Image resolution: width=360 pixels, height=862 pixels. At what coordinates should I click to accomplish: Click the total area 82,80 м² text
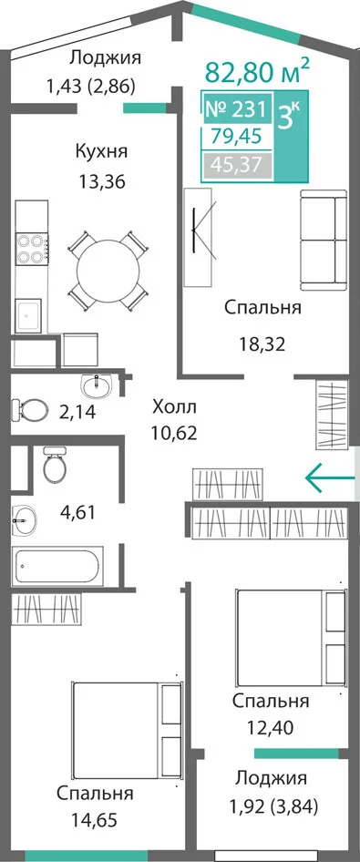pyautogui.click(x=257, y=71)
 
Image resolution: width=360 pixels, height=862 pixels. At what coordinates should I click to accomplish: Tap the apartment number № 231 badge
pyautogui.click(x=236, y=108)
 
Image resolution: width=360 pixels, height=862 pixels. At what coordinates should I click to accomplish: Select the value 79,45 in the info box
pyautogui.click(x=237, y=136)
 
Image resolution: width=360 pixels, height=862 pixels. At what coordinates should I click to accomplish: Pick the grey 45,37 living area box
pyautogui.click(x=237, y=164)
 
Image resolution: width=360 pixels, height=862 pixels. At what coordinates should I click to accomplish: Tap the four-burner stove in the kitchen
pyautogui.click(x=31, y=249)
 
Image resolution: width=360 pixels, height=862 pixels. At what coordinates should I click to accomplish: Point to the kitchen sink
pyautogui.click(x=28, y=315)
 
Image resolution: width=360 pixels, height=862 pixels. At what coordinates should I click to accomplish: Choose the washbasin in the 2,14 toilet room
pyautogui.click(x=97, y=384)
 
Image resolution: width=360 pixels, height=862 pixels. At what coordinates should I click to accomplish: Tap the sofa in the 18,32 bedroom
pyautogui.click(x=324, y=240)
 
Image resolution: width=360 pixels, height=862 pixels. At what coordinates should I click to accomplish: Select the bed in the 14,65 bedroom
pyautogui.click(x=127, y=724)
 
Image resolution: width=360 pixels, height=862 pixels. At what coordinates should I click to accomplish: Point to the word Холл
pyautogui.click(x=174, y=408)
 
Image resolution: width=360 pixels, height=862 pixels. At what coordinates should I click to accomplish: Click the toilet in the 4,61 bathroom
pyautogui.click(x=55, y=465)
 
